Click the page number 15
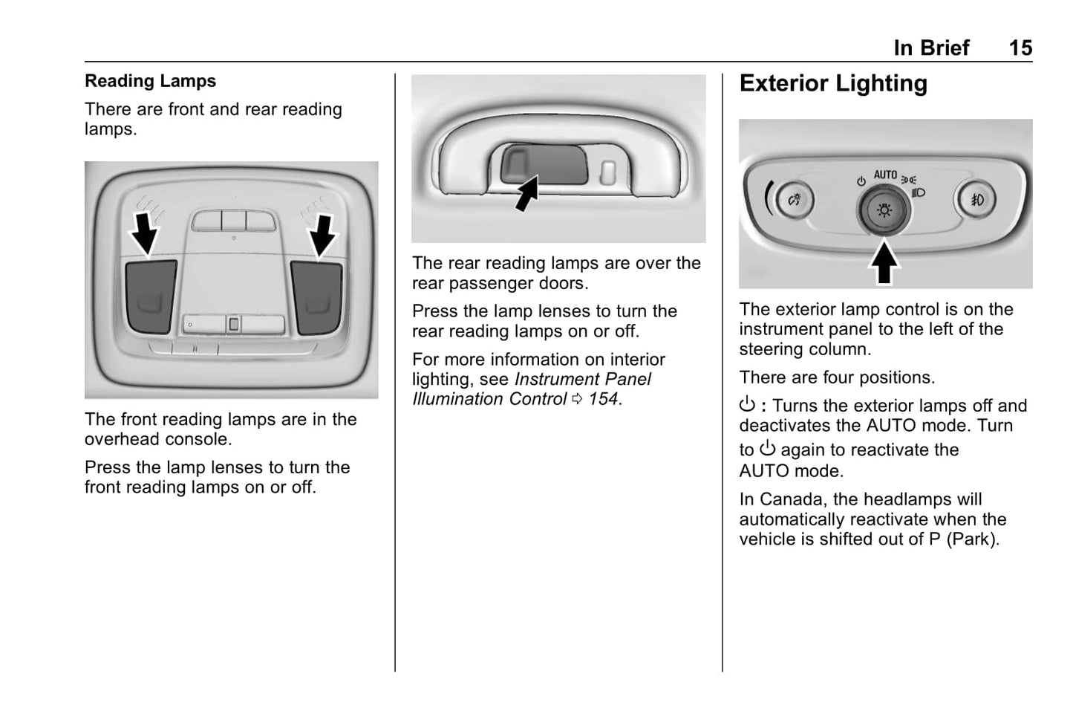pos(1020,48)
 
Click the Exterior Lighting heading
pos(833,83)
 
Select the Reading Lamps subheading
pos(150,81)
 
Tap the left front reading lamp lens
pos(151,296)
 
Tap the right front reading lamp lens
pos(317,296)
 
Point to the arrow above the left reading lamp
pos(144,233)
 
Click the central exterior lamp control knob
pos(884,210)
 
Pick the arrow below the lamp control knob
pos(884,263)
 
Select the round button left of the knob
pos(795,200)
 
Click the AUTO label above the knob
pos(885,175)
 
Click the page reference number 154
pos(603,399)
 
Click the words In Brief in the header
pos(931,48)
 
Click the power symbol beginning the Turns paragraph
pos(747,405)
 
